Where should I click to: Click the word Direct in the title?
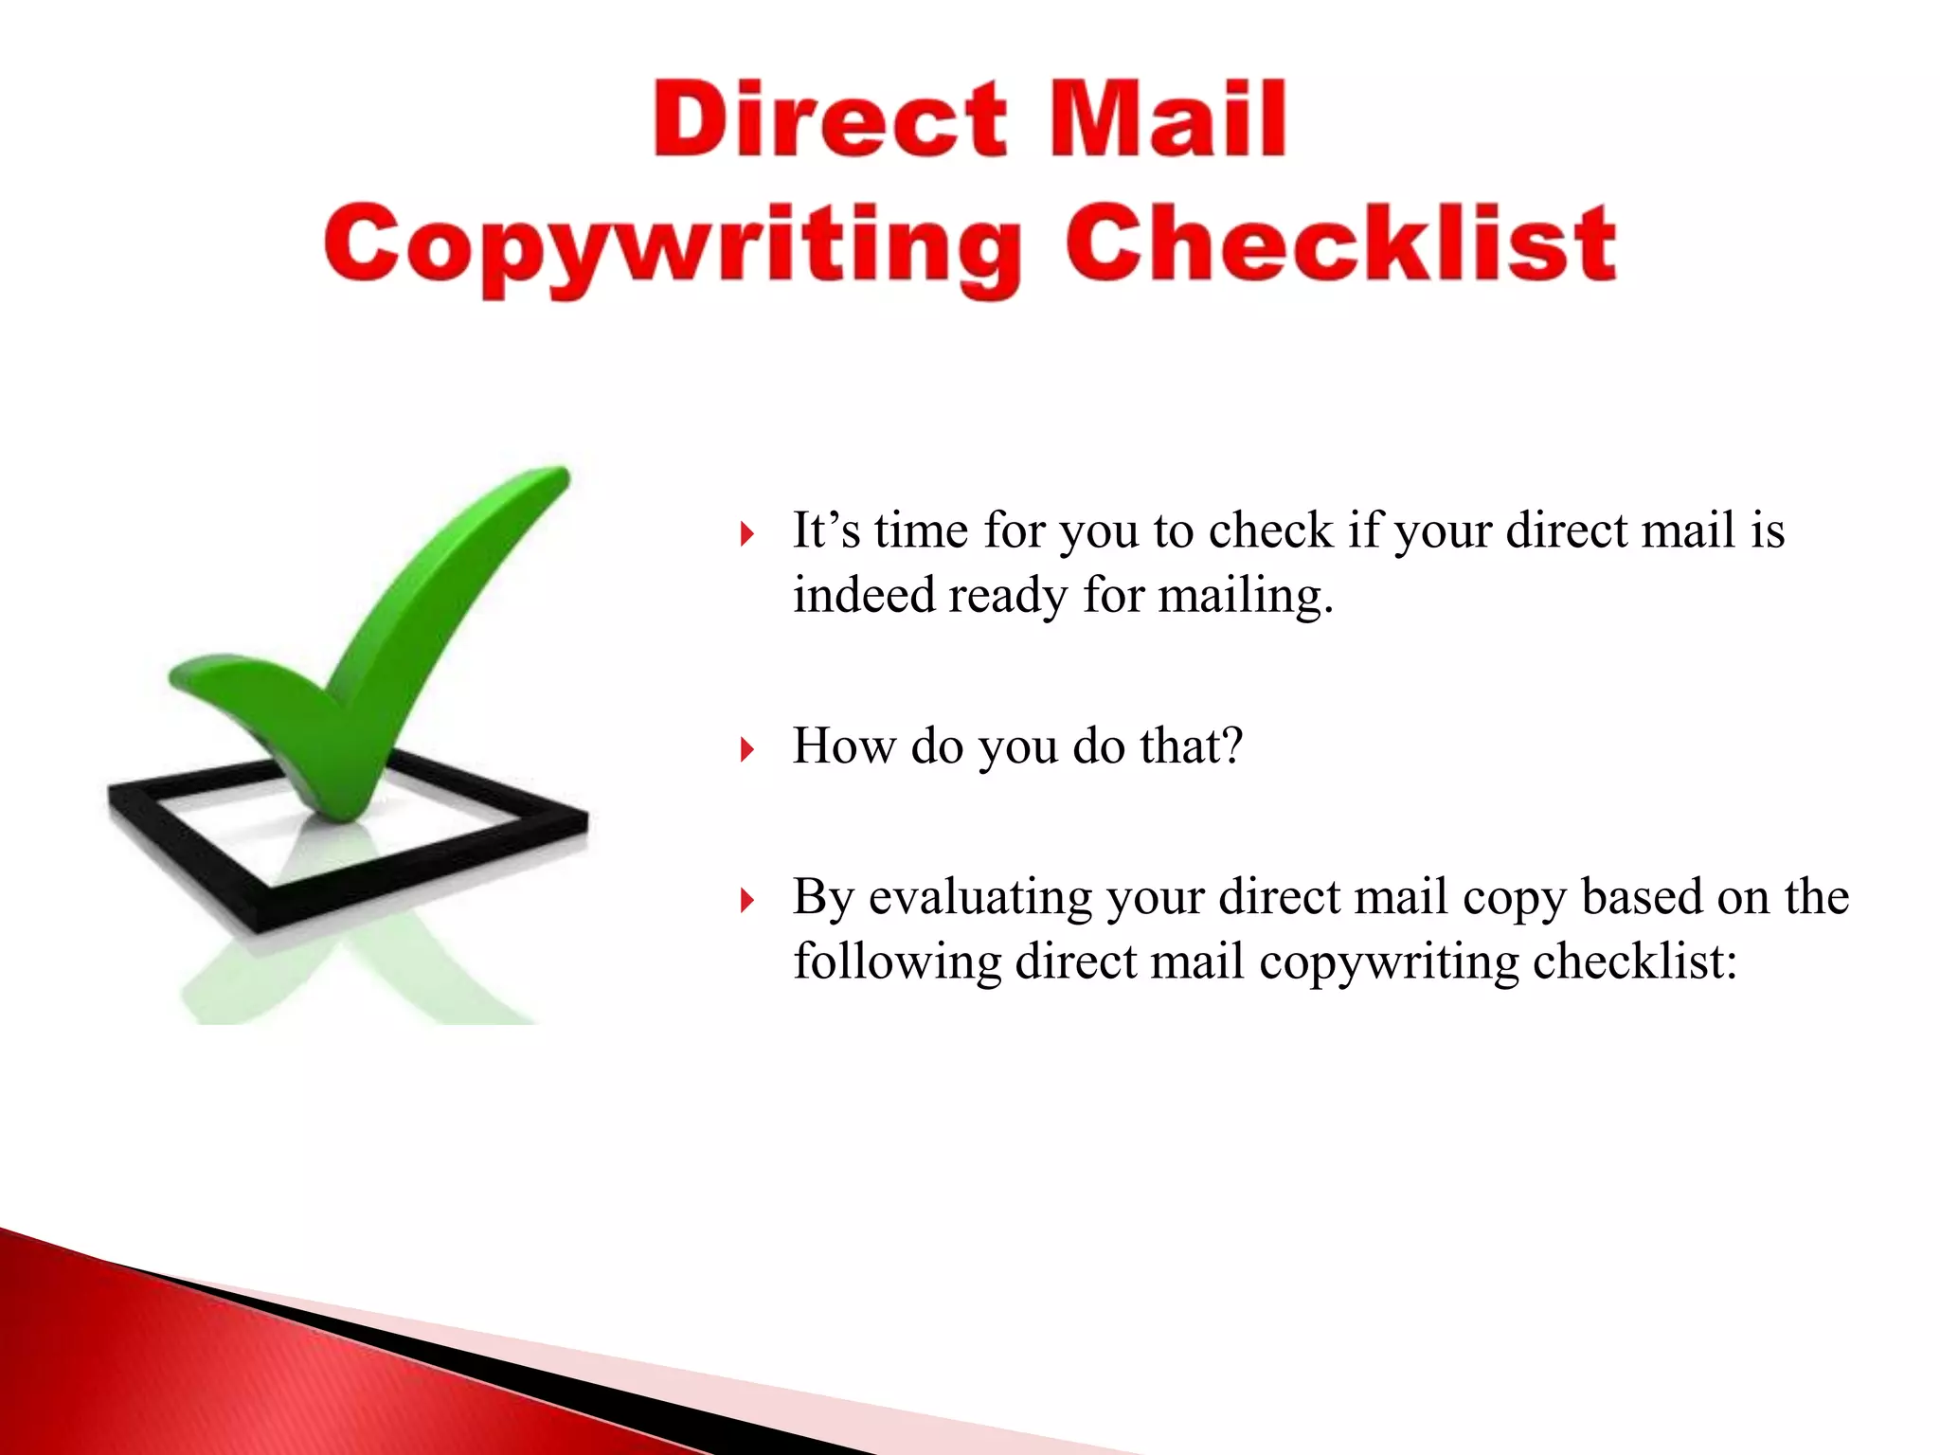830,120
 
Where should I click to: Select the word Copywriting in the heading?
673,246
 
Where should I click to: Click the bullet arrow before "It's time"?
747,534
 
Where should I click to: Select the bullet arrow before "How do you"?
747,750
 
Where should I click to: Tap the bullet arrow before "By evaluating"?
747,900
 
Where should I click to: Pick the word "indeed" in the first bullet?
863,595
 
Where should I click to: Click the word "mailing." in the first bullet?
1246,597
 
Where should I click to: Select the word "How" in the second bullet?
844,745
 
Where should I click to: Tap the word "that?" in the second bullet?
1191,745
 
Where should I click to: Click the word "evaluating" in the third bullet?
979,897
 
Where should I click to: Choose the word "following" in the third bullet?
896,962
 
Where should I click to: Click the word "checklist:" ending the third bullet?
1635,961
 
